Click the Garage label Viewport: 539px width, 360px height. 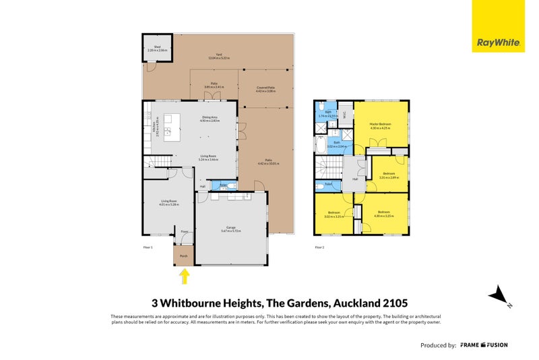click(x=230, y=228)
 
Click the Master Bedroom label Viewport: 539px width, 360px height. click(x=381, y=124)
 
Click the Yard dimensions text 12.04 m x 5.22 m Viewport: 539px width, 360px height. click(x=219, y=59)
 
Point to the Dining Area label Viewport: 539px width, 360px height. click(x=210, y=118)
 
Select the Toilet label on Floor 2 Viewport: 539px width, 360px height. click(x=328, y=183)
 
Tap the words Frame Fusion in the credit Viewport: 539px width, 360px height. click(x=484, y=344)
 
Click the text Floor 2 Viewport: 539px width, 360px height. click(x=319, y=247)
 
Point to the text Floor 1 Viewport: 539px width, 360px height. click(x=149, y=247)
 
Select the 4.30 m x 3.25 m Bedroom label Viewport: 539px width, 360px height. click(x=383, y=214)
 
